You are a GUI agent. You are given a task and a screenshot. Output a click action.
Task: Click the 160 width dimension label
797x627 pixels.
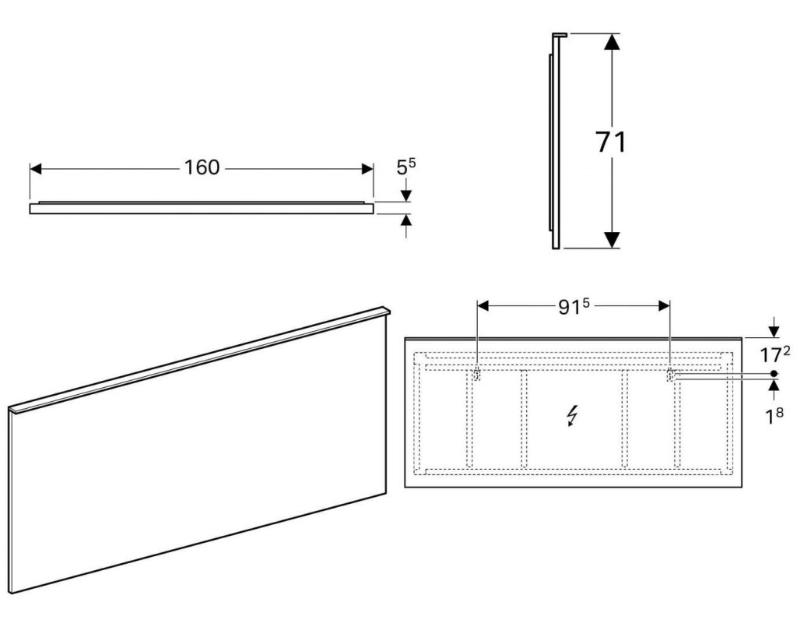[202, 167]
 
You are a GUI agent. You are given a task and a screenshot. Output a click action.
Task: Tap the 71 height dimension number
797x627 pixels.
[611, 142]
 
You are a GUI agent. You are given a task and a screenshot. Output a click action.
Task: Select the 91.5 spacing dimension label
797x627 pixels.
[574, 306]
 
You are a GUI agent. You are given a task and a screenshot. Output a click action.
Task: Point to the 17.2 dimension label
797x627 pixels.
[774, 354]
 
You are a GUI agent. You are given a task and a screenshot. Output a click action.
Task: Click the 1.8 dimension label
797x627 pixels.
[774, 417]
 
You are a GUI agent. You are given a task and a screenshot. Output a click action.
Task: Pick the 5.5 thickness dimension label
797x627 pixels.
[406, 166]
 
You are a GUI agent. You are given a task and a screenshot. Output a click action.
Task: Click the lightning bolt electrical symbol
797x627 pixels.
[572, 415]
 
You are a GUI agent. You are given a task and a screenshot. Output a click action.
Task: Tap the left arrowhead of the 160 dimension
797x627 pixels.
[36, 169]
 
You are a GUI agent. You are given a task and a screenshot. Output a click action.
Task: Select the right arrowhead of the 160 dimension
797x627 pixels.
[367, 169]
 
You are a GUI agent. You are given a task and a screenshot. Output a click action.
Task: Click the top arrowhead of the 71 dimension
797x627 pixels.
[612, 41]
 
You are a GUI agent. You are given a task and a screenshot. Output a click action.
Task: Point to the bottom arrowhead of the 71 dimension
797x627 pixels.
[612, 240]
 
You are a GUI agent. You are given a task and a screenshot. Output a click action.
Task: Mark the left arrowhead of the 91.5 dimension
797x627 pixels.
[483, 305]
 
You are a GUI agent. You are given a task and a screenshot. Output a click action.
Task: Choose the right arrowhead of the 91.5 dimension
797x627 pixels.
[664, 305]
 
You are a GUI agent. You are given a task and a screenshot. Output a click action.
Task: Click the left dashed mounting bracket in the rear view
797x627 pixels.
[477, 375]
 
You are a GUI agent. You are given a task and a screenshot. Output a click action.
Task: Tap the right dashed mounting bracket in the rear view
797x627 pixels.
[670, 375]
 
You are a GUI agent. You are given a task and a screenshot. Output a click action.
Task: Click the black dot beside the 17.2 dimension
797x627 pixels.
[774, 373]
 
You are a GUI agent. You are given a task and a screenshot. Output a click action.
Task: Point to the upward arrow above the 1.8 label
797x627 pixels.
[774, 391]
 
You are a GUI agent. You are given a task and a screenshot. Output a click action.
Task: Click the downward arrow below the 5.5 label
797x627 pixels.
[406, 190]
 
